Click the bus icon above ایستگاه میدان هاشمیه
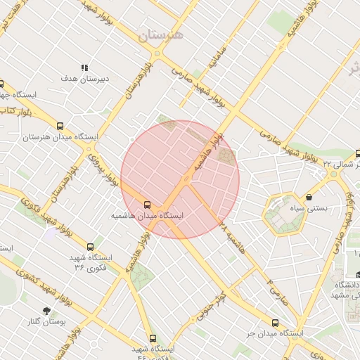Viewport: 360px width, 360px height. tap(147, 205)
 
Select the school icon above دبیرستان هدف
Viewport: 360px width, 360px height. tap(85, 68)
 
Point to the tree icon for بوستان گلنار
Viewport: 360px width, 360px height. tap(46, 310)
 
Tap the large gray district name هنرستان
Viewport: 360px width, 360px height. tap(160, 35)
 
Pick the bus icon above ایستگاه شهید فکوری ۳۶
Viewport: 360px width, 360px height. tap(90, 247)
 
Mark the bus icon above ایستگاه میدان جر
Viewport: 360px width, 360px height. tap(274, 323)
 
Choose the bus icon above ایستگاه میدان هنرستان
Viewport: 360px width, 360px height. tap(60, 126)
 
